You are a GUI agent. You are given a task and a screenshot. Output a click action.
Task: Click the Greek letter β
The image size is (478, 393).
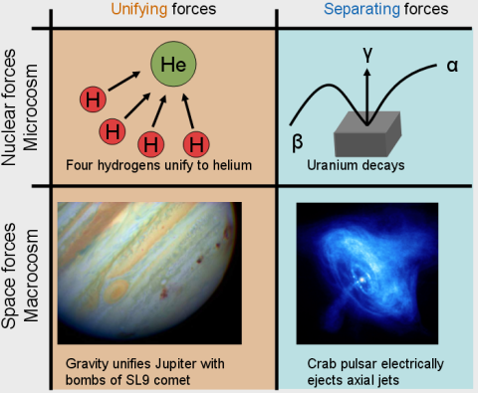(x=297, y=141)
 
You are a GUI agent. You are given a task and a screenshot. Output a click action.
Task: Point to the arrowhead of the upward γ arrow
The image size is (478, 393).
(x=366, y=76)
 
